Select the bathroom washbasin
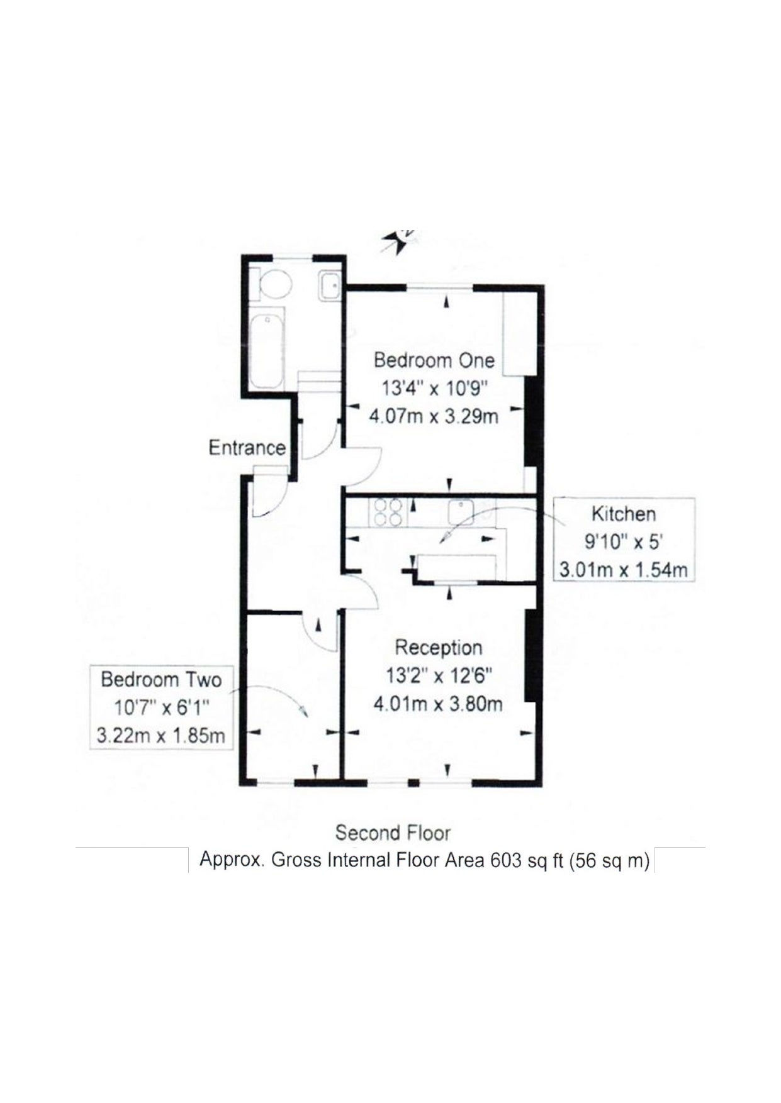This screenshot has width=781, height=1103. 329,287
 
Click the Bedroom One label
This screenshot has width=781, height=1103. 434,360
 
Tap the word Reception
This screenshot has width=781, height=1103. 438,647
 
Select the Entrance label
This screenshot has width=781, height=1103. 247,448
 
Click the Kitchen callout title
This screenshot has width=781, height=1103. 623,514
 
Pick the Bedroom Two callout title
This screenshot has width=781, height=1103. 161,680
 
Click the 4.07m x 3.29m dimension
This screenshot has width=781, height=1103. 434,416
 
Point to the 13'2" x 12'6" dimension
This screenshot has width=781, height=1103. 439,675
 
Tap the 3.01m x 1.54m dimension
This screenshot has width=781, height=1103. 623,570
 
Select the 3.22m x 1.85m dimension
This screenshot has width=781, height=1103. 161,735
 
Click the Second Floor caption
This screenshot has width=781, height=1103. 393,833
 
